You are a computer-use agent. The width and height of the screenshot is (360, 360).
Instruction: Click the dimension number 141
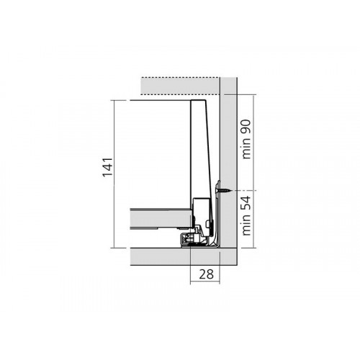(x=107, y=167)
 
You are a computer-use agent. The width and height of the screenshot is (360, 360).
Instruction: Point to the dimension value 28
(x=206, y=274)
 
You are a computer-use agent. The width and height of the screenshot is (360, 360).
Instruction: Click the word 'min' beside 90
(x=247, y=150)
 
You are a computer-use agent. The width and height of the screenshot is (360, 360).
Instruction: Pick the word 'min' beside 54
(x=247, y=227)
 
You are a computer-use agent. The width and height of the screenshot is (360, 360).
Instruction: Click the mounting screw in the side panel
(x=224, y=191)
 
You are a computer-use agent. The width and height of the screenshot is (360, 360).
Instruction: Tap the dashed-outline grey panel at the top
(x=180, y=86)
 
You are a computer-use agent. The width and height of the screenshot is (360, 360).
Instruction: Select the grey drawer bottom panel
(x=161, y=218)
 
